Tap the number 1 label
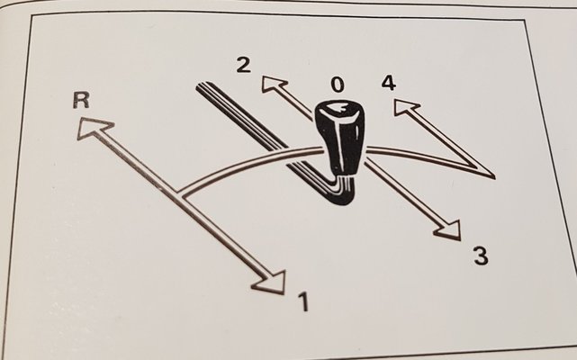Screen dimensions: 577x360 coord(303,301)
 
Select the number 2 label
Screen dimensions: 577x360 coord(244,66)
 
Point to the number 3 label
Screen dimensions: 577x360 coord(481,256)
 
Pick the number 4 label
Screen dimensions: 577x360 coord(389,83)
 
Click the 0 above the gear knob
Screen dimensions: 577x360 coord(338,85)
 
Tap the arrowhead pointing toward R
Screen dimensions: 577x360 coord(94,128)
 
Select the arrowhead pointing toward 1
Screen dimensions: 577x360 coord(270,282)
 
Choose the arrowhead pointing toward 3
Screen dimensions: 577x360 coord(449,230)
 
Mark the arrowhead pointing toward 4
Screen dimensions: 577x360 coord(405,107)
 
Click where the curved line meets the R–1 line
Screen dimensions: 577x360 coord(179,194)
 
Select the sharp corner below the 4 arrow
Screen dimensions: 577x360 coord(492,176)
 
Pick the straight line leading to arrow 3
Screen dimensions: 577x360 coord(401,192)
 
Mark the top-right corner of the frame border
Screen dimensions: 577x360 coord(524,22)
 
